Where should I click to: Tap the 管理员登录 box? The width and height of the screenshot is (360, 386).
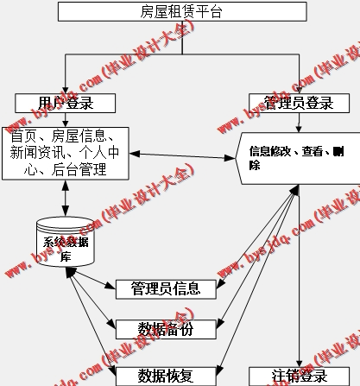coord(300,104)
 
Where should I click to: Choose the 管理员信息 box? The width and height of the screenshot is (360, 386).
coord(165,288)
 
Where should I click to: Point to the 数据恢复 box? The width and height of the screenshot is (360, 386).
coord(165,375)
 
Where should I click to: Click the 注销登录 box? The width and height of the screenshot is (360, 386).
coord(300,376)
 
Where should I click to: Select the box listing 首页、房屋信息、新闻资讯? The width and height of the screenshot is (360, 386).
coord(65,153)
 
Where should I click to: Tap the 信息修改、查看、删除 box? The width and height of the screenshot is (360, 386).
coord(298,157)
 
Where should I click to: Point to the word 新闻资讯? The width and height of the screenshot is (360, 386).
coord(36,153)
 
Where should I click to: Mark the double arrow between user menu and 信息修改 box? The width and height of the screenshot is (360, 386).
coord(181,155)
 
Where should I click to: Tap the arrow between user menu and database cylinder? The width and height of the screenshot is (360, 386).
coord(65,197)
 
